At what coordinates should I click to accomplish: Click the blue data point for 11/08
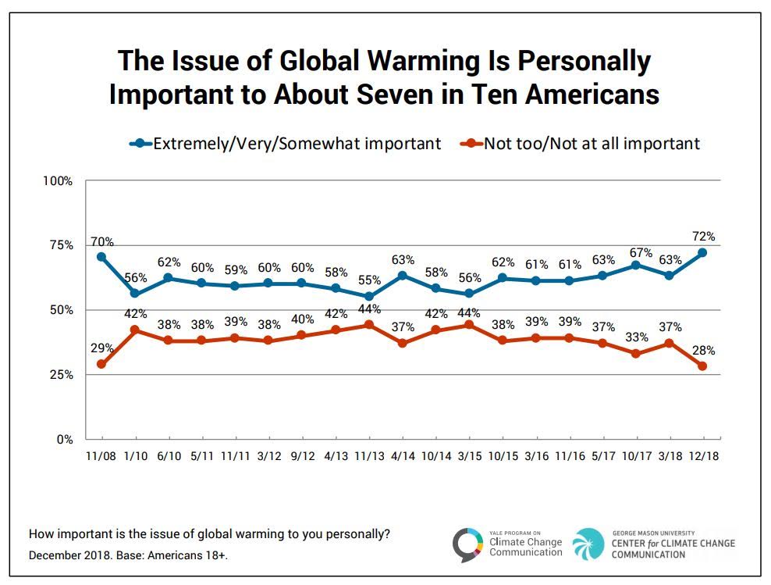pyautogui.click(x=101, y=257)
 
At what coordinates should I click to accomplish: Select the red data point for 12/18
pyautogui.click(x=702, y=366)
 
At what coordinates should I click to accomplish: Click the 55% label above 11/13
pyautogui.click(x=369, y=280)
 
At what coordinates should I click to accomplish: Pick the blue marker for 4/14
pyautogui.click(x=402, y=275)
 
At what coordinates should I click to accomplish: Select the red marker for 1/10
pyautogui.click(x=135, y=330)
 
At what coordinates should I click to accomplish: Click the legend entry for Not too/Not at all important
pyautogui.click(x=581, y=144)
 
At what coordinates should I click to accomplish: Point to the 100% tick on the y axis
pyautogui.click(x=57, y=181)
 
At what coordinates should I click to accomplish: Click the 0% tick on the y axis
pyautogui.click(x=63, y=440)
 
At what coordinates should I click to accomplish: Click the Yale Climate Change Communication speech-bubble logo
pyautogui.click(x=467, y=544)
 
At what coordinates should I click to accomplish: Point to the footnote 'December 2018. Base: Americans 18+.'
pyautogui.click(x=129, y=555)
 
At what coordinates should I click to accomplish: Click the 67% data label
pyautogui.click(x=636, y=249)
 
